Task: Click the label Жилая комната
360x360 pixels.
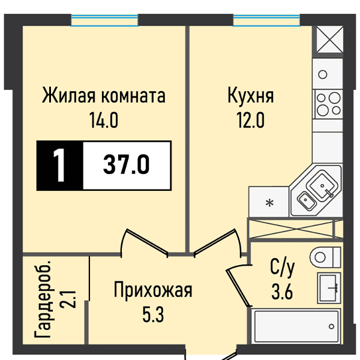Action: click(104, 96)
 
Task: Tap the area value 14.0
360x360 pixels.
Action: click(104, 121)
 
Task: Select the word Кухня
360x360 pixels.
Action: click(251, 96)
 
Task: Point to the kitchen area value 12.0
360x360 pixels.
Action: click(250, 121)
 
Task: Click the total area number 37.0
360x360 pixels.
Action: click(126, 163)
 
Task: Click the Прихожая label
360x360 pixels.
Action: click(154, 292)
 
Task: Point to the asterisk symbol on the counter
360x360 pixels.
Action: click(269, 203)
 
